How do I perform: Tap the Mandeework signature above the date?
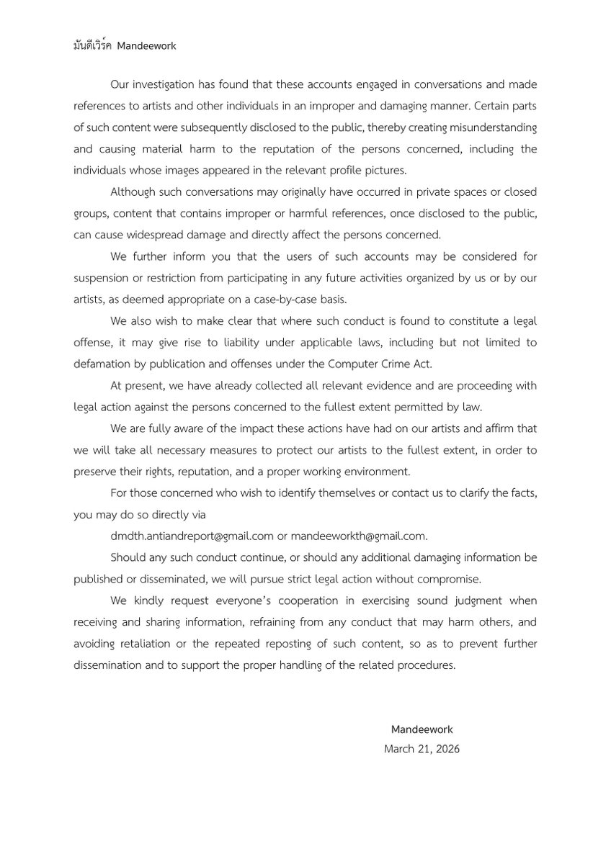422,730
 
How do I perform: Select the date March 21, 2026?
422,749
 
